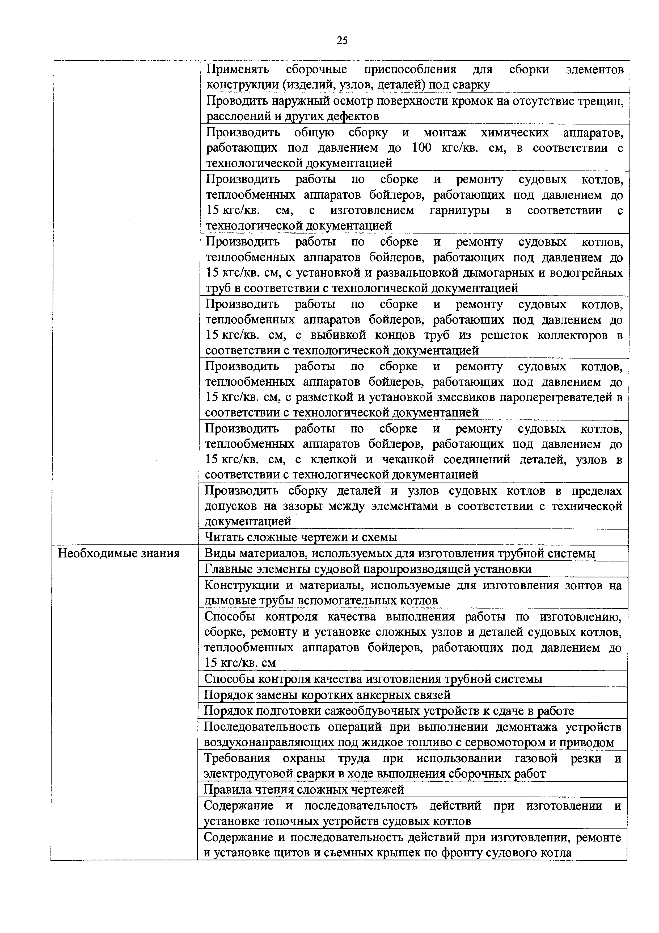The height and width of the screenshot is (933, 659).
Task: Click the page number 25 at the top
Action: point(342,41)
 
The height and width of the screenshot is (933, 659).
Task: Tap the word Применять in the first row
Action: point(238,69)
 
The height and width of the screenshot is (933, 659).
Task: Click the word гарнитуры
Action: point(459,210)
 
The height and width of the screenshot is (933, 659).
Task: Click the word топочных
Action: point(291,821)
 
